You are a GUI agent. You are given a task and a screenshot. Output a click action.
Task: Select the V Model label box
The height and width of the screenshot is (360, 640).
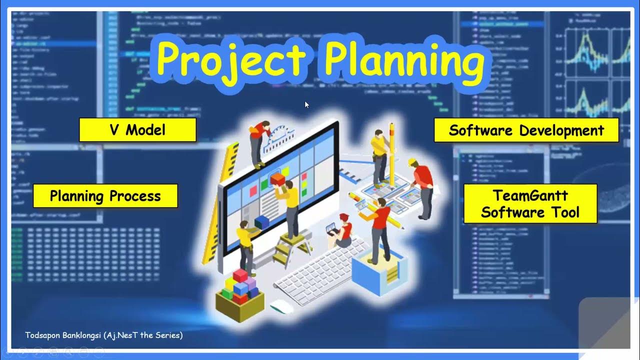(137, 130)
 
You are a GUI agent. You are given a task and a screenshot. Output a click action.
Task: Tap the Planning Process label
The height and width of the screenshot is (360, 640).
(105, 196)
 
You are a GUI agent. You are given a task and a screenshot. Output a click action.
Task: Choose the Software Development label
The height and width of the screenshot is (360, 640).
(526, 130)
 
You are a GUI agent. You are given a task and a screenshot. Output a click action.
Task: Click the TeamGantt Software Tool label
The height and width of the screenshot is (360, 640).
(530, 203)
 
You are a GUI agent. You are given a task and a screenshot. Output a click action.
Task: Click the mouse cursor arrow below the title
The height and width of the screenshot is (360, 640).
(306, 104)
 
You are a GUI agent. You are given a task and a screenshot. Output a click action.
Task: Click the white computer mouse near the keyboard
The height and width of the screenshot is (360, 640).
(281, 306)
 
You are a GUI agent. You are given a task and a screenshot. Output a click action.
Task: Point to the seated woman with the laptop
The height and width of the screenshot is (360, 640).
(343, 231)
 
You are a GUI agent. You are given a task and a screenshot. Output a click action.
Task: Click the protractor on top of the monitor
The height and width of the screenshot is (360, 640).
(280, 137)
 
